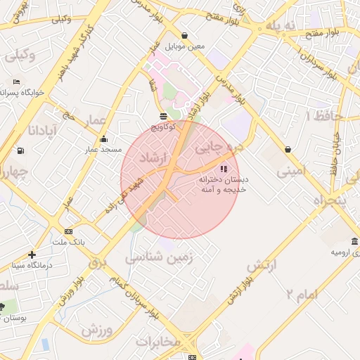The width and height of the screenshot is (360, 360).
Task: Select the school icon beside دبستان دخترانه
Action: [224, 168]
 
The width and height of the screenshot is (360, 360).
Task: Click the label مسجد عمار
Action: [104, 150]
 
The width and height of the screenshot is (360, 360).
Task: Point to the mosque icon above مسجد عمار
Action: [104, 139]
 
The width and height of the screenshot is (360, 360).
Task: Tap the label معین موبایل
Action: [185, 46]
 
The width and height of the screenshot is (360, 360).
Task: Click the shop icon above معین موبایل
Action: [185, 35]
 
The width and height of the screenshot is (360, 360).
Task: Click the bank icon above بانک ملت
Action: [68, 231]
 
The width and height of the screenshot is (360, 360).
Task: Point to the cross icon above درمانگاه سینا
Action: [32, 255]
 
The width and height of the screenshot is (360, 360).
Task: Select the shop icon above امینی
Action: [288, 149]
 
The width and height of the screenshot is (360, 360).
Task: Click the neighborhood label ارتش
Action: [262, 265]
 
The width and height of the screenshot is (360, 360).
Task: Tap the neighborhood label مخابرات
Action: [158, 342]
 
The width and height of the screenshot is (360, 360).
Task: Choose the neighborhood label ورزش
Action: [96, 328]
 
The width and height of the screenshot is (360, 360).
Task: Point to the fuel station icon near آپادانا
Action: [21, 150]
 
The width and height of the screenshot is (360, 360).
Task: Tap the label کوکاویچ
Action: [164, 127]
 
